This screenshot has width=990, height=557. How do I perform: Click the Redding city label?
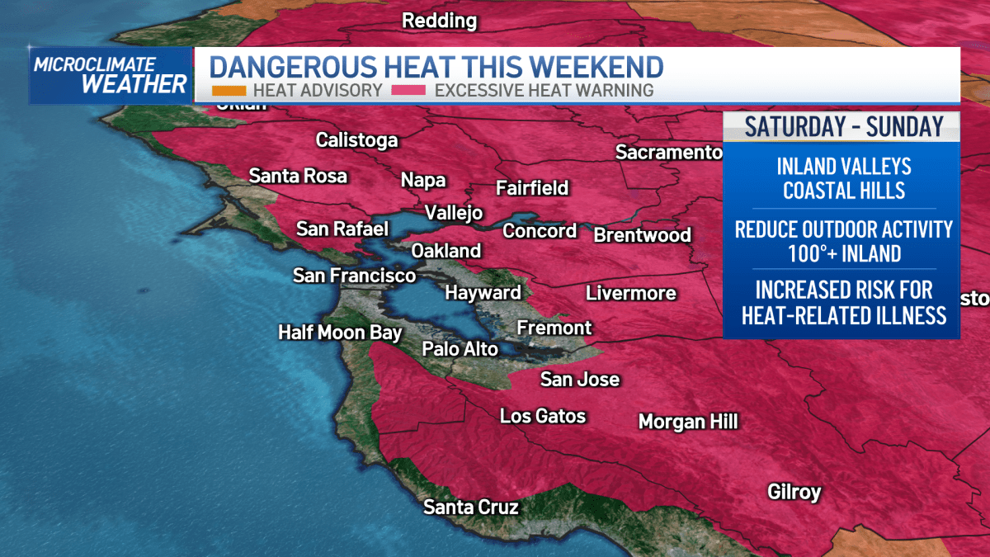(x=439, y=21)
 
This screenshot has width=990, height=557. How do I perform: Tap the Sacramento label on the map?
(x=668, y=152)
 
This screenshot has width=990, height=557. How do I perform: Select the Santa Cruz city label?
(x=470, y=507)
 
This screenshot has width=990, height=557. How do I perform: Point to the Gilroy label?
(x=794, y=492)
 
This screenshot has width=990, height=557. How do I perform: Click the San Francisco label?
(x=354, y=276)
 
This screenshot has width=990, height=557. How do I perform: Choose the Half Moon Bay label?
(x=340, y=333)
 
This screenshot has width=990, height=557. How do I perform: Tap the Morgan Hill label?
(x=688, y=422)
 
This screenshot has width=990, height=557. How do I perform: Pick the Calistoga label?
(x=356, y=140)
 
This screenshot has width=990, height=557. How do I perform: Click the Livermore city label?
(x=630, y=293)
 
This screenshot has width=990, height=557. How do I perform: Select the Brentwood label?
(x=642, y=235)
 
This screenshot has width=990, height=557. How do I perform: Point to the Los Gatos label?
(x=543, y=416)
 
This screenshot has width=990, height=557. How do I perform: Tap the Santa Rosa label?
(x=298, y=176)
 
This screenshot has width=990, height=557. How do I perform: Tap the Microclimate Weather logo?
(x=111, y=75)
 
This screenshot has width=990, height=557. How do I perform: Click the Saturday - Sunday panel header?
(x=842, y=126)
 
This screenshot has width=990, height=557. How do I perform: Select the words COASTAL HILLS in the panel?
(x=843, y=191)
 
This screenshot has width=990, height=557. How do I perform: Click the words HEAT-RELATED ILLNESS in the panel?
(x=843, y=314)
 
